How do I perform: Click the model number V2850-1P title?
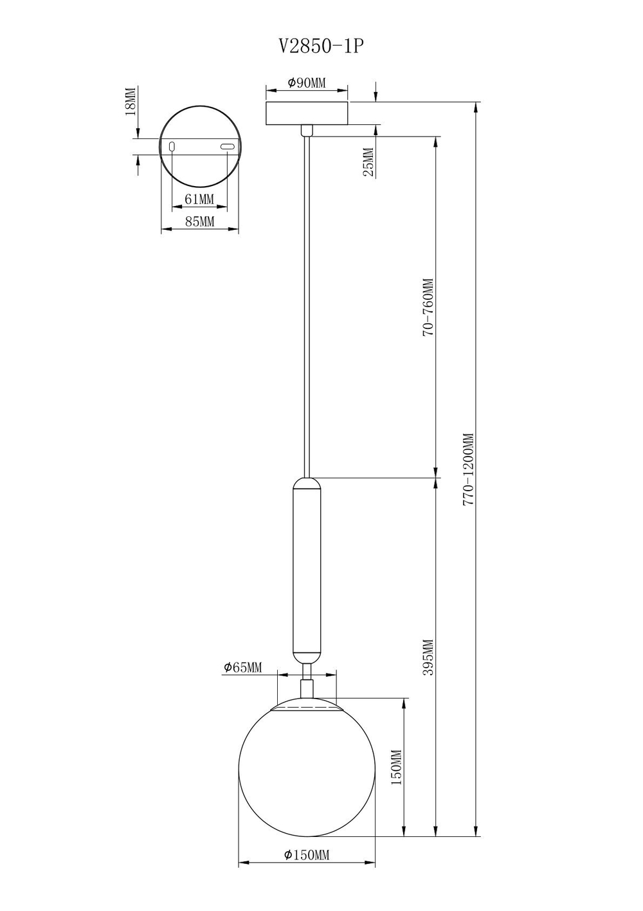(316, 46)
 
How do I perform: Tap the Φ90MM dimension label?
(307, 83)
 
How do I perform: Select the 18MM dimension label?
(131, 101)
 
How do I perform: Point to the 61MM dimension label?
(199, 199)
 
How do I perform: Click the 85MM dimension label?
(199, 222)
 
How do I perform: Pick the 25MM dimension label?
(368, 162)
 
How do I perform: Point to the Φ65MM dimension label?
(243, 668)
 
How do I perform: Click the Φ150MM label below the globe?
(307, 855)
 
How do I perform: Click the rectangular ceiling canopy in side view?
(307, 113)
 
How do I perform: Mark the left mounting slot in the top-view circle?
(172, 147)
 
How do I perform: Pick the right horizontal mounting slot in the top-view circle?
(226, 147)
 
